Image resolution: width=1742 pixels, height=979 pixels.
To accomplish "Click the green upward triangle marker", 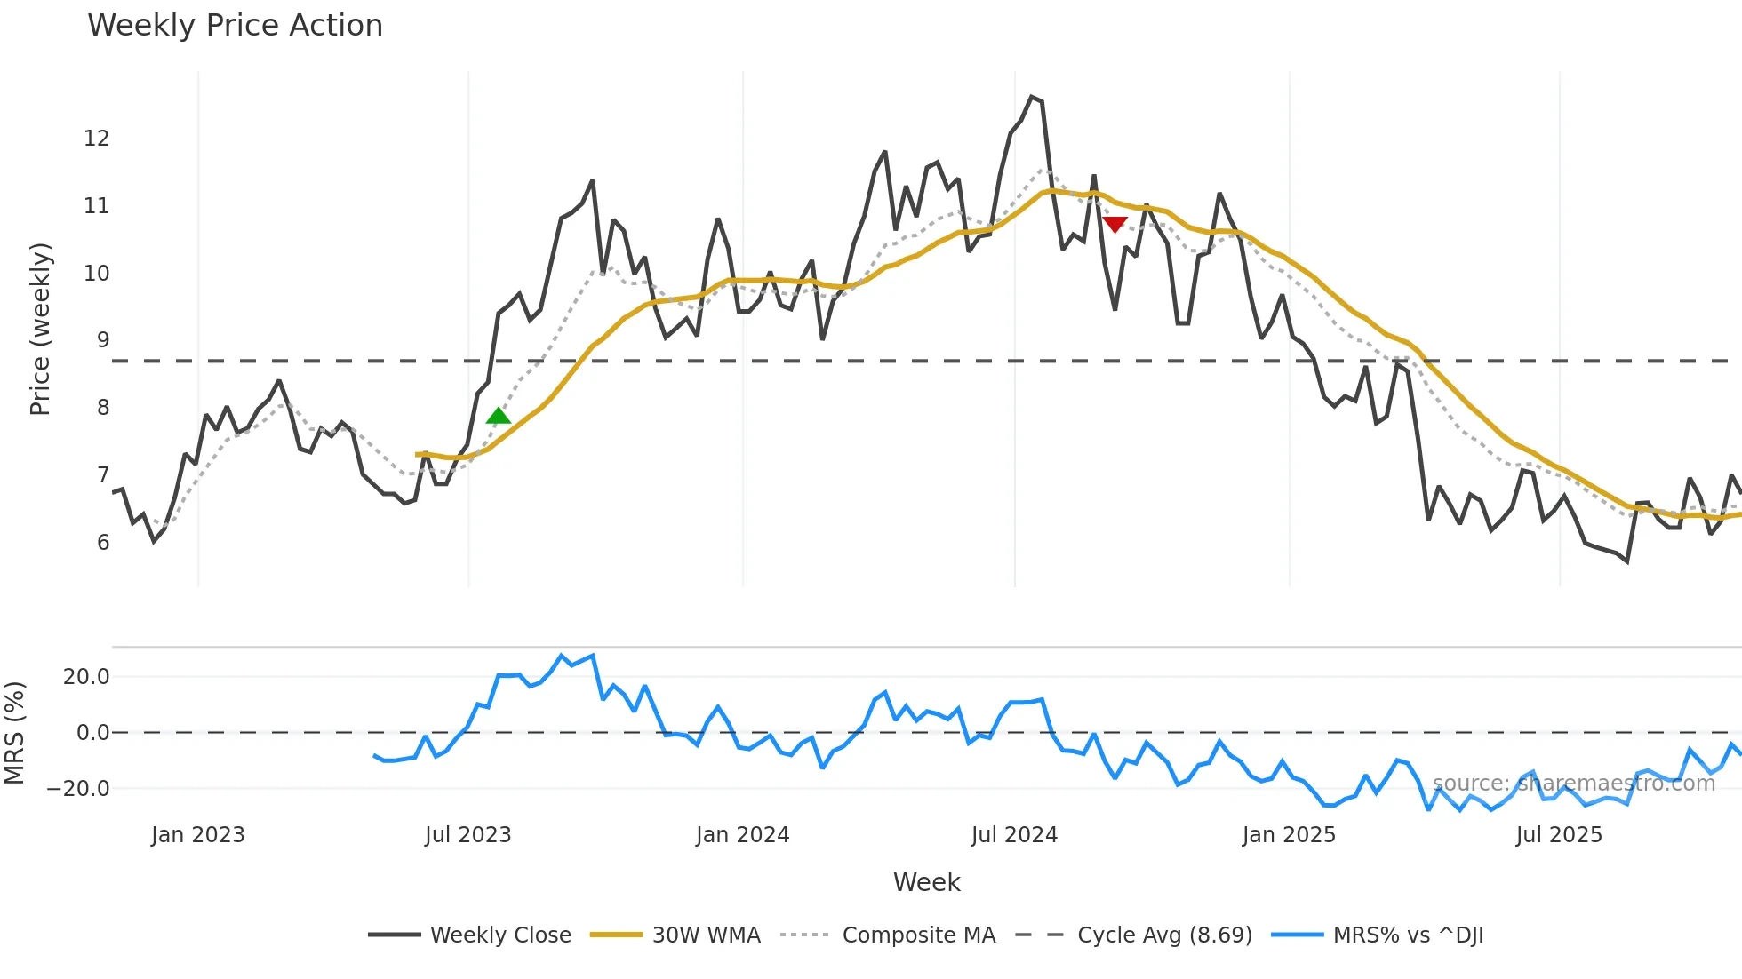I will pos(499,416).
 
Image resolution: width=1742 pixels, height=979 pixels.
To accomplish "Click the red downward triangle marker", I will pos(1115,224).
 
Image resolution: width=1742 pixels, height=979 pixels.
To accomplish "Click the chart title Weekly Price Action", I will pos(235,25).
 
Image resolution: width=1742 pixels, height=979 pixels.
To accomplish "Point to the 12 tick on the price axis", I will pos(97,139).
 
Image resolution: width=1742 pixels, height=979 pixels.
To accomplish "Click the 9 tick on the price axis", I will pos(103,340).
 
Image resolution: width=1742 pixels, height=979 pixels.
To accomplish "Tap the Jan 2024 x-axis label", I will pos(742,835).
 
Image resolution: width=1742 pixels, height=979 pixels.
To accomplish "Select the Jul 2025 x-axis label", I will pos(1559,835).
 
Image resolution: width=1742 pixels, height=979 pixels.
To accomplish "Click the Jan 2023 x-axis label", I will pos(197,835).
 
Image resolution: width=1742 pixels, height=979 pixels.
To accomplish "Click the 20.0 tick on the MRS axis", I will pos(86,677).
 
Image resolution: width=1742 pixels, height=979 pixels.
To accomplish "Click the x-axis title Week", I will pos(926,882).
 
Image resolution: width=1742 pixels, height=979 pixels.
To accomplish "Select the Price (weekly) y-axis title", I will pos(40,329).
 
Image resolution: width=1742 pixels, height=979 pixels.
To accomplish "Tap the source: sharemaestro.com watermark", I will pos(1573,784).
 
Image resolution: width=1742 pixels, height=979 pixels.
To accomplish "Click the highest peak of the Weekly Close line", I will pos(1031,97).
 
